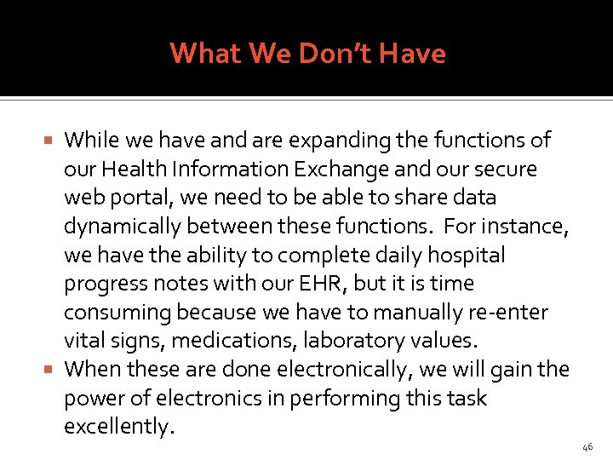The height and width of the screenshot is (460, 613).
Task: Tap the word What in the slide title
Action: pyautogui.click(x=207, y=54)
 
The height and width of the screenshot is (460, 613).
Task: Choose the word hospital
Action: pyautogui.click(x=466, y=255)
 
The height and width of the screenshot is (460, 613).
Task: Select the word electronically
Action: pyautogui.click(x=345, y=370)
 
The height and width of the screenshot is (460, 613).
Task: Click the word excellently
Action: pyautogui.click(x=118, y=427)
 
